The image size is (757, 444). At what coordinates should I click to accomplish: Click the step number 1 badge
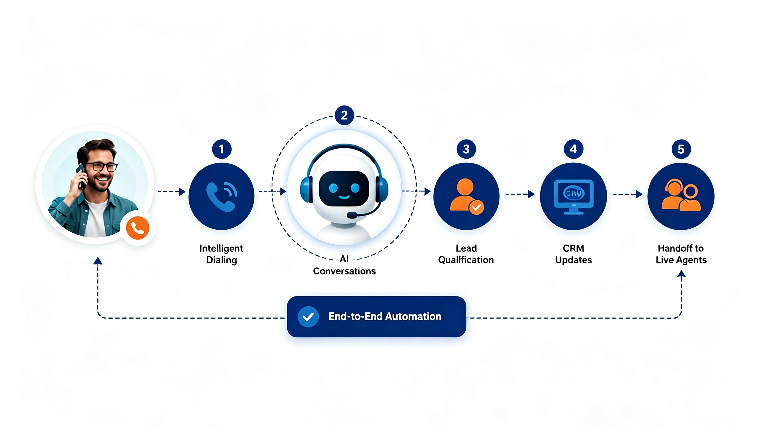point(222,149)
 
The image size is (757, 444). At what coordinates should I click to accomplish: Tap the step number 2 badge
point(344,115)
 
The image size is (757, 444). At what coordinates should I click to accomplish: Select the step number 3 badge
point(466,149)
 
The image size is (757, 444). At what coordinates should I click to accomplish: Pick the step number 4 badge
point(573,149)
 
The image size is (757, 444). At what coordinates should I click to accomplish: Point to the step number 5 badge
point(681,149)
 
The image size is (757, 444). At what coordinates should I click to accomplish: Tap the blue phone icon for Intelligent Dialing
point(222,197)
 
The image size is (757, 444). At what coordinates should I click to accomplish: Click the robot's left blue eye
point(333,188)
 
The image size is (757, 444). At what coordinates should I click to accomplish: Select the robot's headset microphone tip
point(352,215)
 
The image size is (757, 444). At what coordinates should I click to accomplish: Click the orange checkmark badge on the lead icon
point(476,207)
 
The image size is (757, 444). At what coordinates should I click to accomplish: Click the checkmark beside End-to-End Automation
point(308,317)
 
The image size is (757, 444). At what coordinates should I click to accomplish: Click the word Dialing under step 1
point(222,260)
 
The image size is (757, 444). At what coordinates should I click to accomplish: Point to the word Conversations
point(344,271)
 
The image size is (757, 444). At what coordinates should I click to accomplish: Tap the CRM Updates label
point(573,254)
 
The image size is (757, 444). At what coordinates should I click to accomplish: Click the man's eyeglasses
point(101,166)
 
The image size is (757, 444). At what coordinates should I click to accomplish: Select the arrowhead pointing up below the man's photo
point(98,261)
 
